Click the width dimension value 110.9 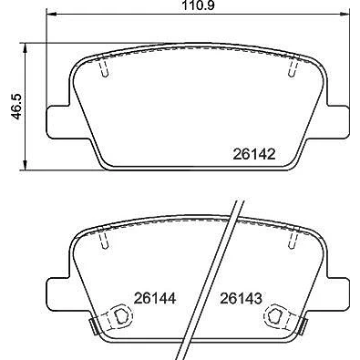coord(198,5)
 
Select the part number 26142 coord(254,154)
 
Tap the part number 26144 coord(155,298)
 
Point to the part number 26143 coord(241,298)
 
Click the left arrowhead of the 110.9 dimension coord(50,14)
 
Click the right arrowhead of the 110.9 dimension coord(345,14)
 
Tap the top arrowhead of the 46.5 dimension coord(26,47)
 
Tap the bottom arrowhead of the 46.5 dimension coord(26,166)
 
